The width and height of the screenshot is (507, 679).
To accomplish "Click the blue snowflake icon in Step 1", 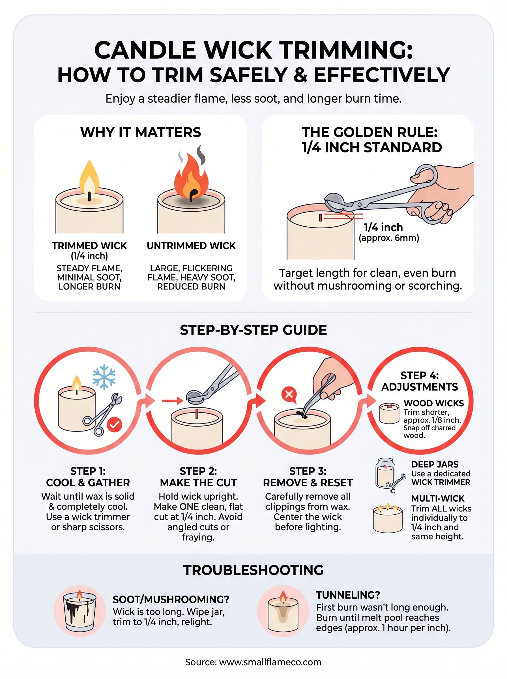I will (104, 377).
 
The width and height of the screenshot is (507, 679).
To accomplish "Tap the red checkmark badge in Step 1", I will (115, 425).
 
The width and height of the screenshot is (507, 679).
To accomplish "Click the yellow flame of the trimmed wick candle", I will (89, 178).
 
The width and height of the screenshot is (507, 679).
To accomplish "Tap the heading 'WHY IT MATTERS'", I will (141, 132).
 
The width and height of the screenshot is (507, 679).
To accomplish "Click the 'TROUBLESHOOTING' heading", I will (253, 570).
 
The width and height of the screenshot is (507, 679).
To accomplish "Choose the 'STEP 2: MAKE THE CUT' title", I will (198, 477).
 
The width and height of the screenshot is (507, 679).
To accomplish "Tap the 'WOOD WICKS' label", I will (433, 403).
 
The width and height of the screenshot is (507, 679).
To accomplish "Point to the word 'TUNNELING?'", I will (348, 595).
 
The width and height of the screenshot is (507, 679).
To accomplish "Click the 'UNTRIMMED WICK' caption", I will (191, 246).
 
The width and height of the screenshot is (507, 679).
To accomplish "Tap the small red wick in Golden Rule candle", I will (320, 218).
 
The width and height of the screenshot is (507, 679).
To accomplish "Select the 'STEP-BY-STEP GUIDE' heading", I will (253, 330).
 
